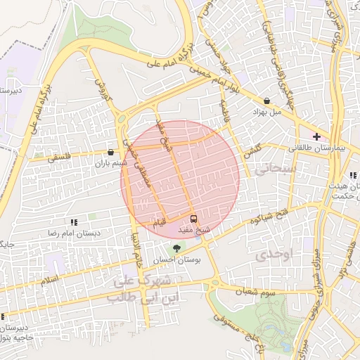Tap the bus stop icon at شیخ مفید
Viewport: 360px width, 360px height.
click(x=194, y=219)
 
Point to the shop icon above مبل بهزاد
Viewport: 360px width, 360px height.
click(x=267, y=101)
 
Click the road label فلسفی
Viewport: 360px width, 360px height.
click(x=60, y=160)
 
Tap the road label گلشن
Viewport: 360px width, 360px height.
click(x=252, y=151)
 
